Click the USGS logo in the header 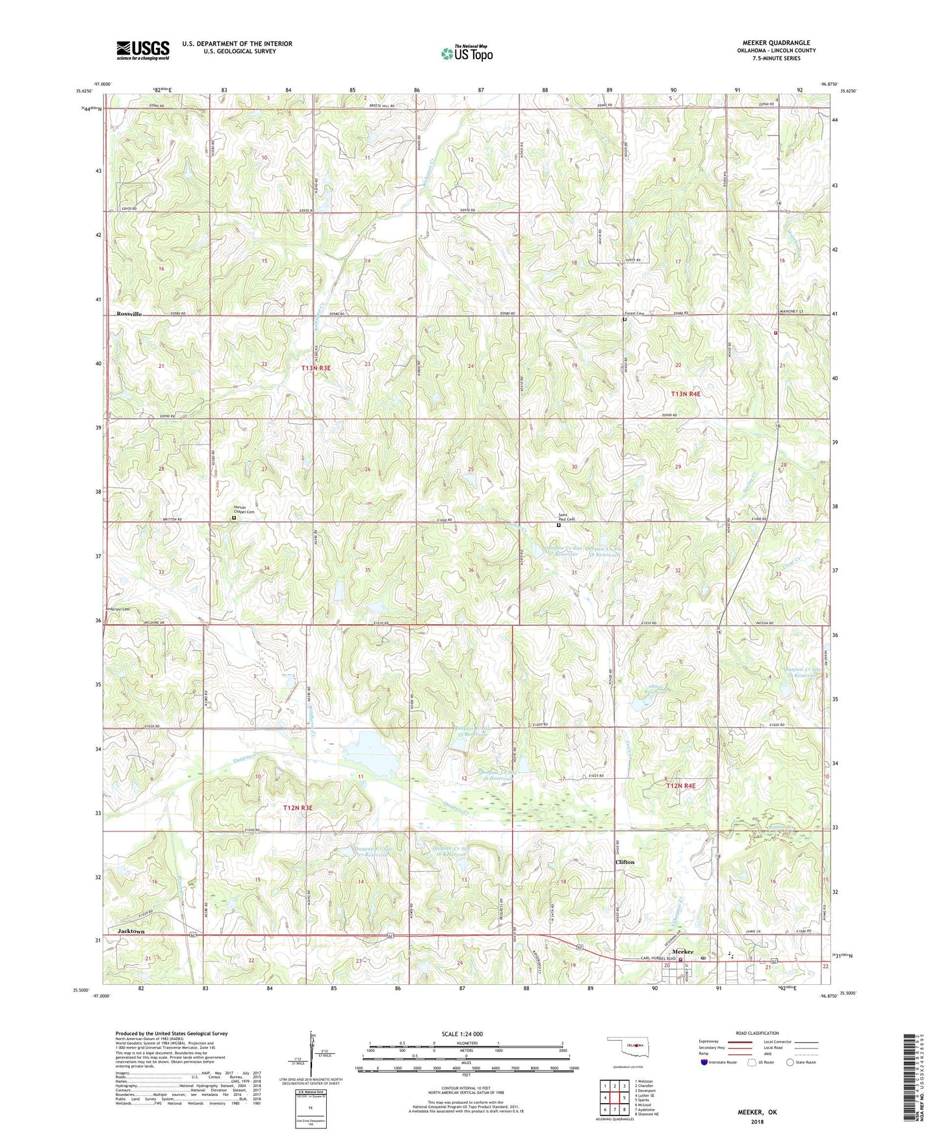[x=143, y=50]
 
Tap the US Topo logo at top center [x=467, y=53]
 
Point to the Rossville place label [x=129, y=314]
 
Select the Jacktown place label [x=131, y=931]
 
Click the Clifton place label [x=624, y=862]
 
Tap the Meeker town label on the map [x=683, y=952]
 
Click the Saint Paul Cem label [x=566, y=519]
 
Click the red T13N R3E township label [x=316, y=368]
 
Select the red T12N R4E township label [x=680, y=786]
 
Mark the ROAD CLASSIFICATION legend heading [x=758, y=1033]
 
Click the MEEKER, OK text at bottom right [x=756, y=1112]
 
